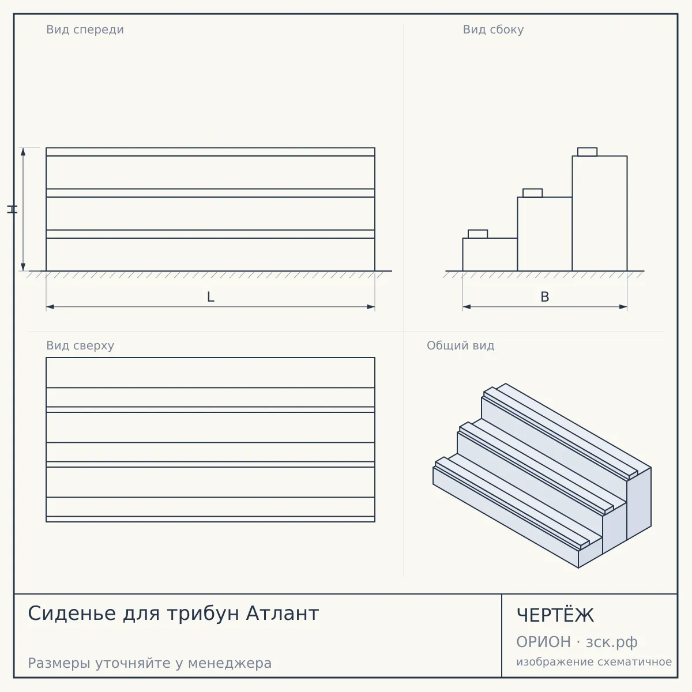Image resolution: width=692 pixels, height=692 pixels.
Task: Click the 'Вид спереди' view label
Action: tap(85, 29)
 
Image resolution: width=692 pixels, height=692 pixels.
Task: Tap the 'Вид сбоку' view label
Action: tap(493, 29)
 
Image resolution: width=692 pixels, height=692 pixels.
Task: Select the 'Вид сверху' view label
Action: tap(80, 345)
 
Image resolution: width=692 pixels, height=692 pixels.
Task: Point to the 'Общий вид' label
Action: tap(460, 345)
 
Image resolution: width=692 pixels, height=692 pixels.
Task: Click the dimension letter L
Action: tap(210, 297)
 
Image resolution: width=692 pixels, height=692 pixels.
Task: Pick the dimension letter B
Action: tap(545, 297)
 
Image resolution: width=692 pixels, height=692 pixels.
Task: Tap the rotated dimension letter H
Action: tap(12, 209)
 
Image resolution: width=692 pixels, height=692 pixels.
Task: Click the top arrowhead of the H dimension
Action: tap(23, 152)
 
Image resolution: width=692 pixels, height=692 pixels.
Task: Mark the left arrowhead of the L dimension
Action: tap(50, 307)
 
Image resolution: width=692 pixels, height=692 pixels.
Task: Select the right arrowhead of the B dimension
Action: tap(623, 307)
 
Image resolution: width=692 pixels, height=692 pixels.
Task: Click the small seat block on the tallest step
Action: tap(587, 152)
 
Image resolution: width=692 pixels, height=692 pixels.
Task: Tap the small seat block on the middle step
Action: tap(533, 193)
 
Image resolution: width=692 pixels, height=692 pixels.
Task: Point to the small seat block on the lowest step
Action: tap(477, 234)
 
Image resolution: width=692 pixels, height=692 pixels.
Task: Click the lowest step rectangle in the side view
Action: tap(490, 254)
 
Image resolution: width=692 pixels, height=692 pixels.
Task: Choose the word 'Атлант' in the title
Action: tap(282, 614)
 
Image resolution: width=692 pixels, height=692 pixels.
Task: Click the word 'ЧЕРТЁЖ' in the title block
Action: tap(555, 615)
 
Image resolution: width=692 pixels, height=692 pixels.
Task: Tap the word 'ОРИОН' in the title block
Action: tap(543, 642)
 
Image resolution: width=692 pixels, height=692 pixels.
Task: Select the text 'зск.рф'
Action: tap(612, 642)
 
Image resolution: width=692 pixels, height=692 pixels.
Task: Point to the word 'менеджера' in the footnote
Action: tap(230, 663)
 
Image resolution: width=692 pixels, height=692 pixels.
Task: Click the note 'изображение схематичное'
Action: tap(594, 661)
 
